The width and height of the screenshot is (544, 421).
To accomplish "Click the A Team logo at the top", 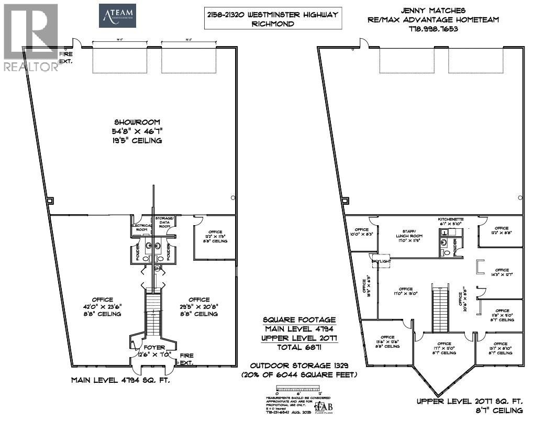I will point(118,16).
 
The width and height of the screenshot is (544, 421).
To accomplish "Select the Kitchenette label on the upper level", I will point(453,221).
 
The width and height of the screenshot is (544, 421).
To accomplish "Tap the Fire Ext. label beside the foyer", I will point(187,359).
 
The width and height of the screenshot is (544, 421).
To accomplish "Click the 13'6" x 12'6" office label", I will point(387,341).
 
